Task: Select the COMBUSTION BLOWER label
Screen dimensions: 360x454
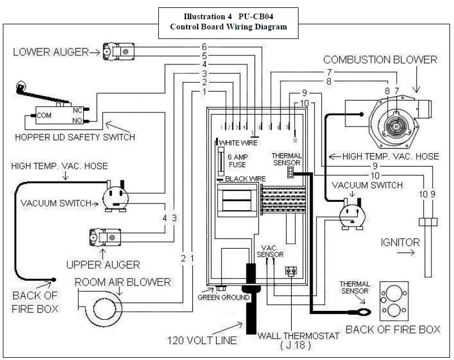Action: (x=380, y=59)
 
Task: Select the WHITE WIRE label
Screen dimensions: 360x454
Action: (x=239, y=142)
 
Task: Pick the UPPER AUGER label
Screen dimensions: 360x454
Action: (x=103, y=264)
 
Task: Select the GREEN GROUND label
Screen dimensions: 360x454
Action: (x=223, y=297)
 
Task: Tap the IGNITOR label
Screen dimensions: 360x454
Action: (x=401, y=242)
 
